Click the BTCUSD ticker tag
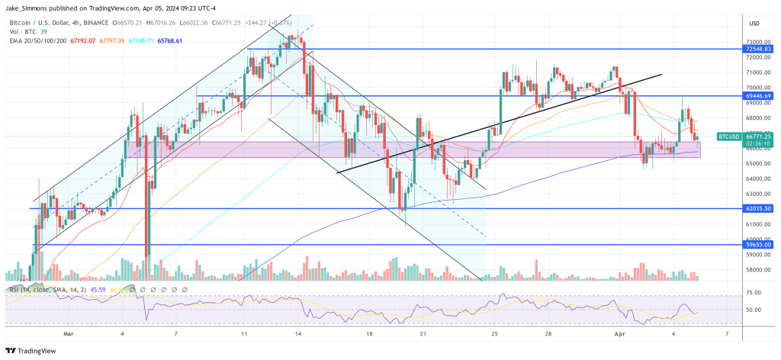729,137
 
